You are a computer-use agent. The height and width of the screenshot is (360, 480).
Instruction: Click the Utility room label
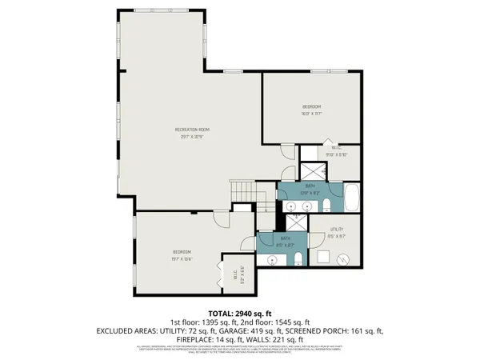click(x=336, y=233)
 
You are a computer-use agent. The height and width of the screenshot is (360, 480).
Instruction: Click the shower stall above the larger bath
click(x=310, y=170)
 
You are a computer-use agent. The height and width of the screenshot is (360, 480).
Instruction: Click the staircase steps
click(x=242, y=192)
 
